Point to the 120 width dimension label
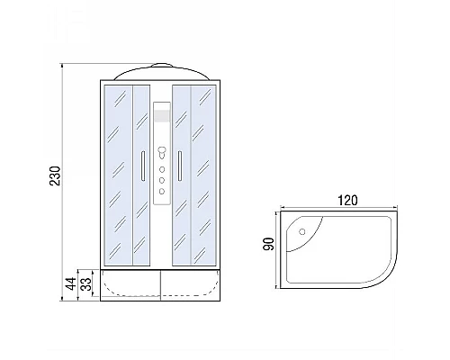click(x=342, y=201)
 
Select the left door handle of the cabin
click(x=141, y=167)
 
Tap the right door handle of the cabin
click(x=180, y=167)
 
